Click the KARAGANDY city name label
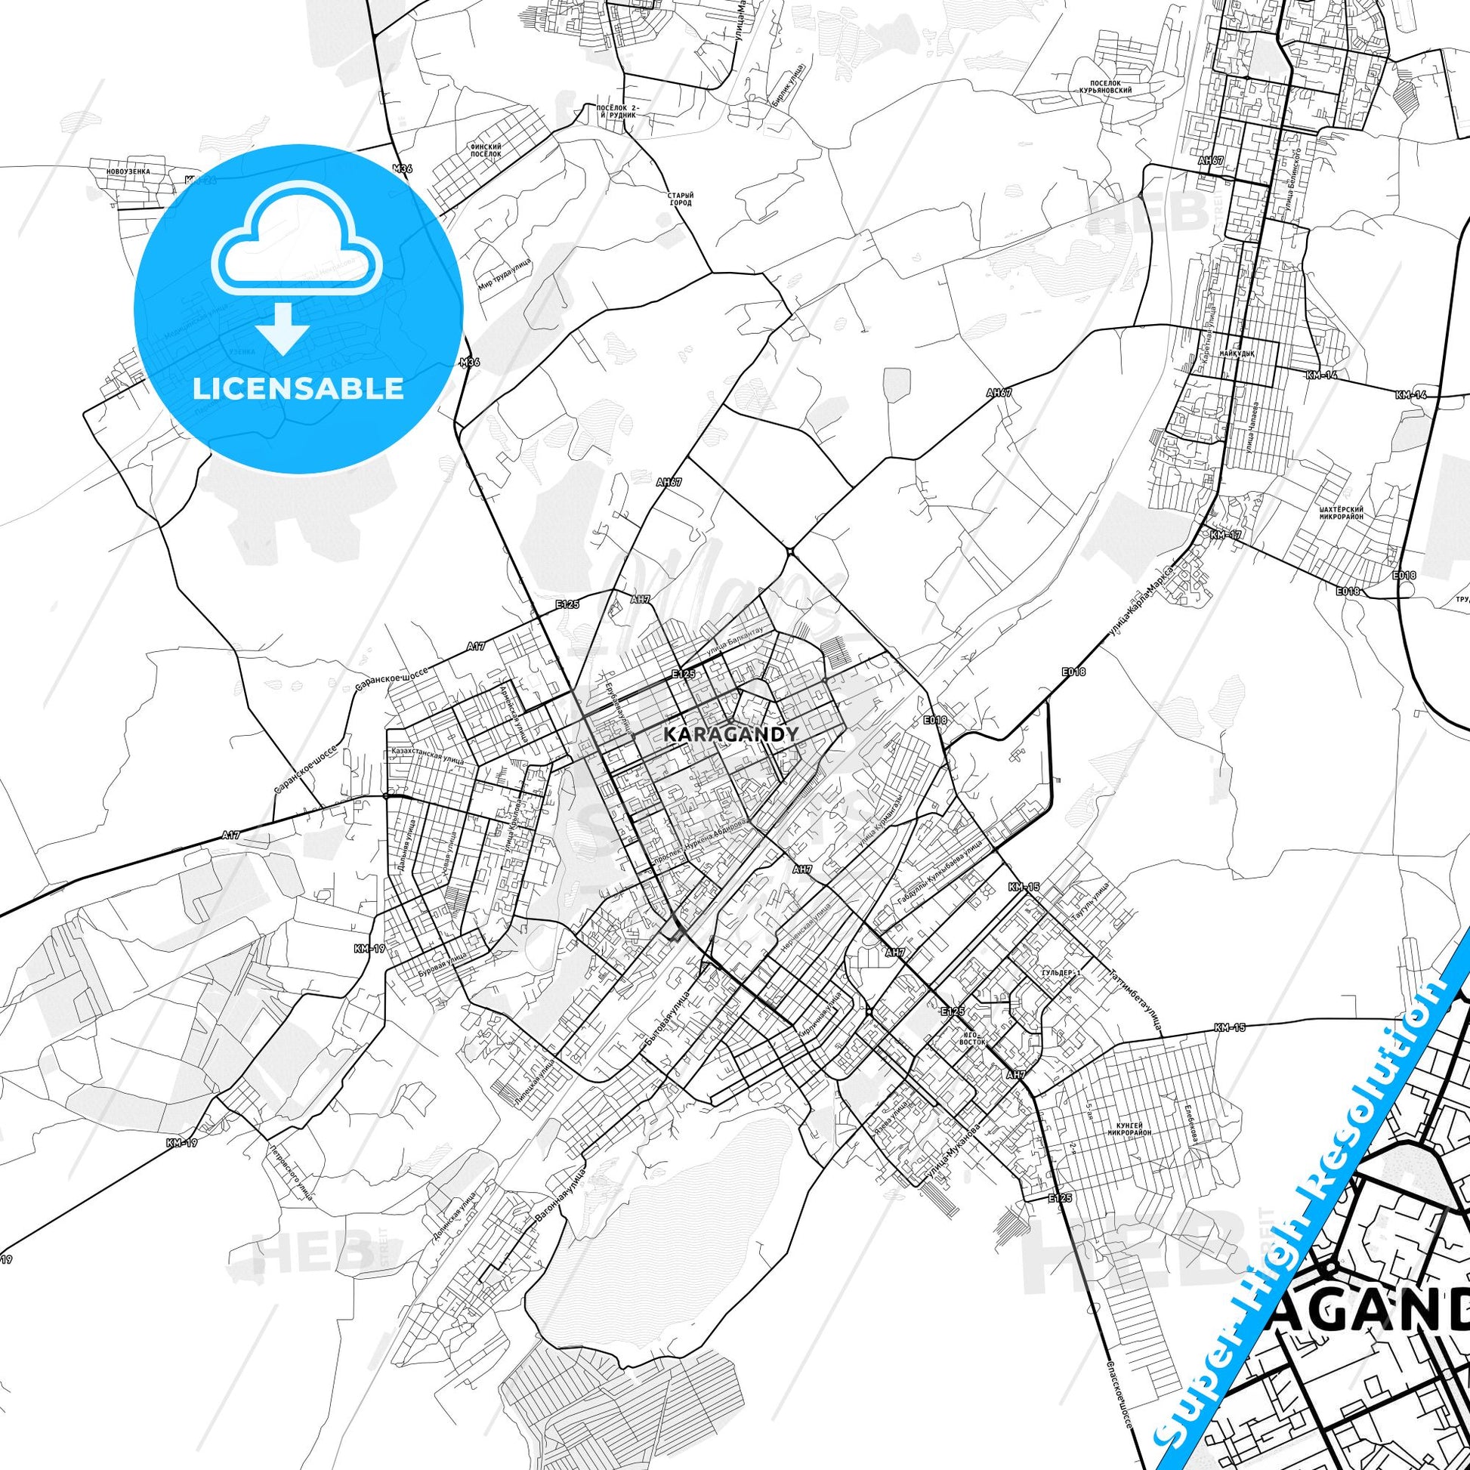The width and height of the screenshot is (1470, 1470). [x=731, y=733]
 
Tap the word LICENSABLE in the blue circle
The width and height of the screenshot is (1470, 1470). [x=298, y=389]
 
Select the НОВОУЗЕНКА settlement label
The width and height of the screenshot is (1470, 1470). [x=128, y=172]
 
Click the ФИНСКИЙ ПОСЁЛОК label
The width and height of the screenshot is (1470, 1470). [x=486, y=150]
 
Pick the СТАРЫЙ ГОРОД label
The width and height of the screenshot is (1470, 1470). [x=681, y=199]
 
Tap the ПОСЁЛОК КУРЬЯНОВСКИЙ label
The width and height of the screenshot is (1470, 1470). [x=1105, y=87]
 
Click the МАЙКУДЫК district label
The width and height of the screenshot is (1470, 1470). [x=1237, y=354]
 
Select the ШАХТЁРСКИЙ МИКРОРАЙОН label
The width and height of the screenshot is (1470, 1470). [x=1341, y=513]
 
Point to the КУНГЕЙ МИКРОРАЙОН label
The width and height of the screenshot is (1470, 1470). [x=1129, y=1129]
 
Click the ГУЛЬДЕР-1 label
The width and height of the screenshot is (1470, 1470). [x=1061, y=973]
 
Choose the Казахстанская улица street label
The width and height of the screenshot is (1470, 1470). [x=427, y=755]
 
